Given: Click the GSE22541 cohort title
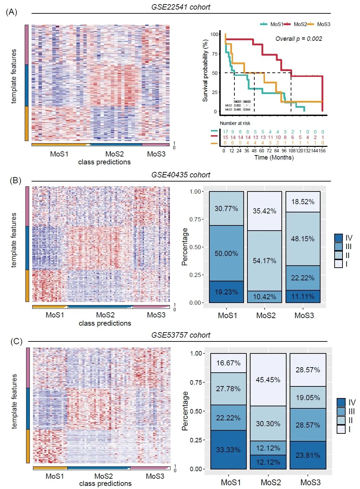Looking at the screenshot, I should pyautogui.click(x=181, y=7).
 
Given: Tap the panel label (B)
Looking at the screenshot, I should pyautogui.click(x=15, y=180).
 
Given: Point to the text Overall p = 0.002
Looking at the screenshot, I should pyautogui.click(x=299, y=39).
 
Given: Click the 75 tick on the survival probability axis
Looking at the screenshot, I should pyautogui.click(x=214, y=54).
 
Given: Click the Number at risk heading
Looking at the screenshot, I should pyautogui.click(x=235, y=123).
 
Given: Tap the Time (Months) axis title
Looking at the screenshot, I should pyautogui.click(x=274, y=158).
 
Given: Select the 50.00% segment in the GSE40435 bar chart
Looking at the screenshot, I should pyautogui.click(x=226, y=253).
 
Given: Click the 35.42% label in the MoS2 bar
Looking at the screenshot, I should pyautogui.click(x=264, y=211).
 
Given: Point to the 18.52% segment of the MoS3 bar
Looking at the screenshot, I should pyautogui.click(x=303, y=202).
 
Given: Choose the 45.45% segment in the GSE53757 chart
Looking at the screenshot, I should pyautogui.click(x=268, y=380).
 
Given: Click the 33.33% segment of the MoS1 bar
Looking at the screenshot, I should pyautogui.click(x=228, y=450).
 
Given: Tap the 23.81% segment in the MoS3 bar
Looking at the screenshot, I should pyautogui.click(x=308, y=455).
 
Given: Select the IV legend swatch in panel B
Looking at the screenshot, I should pyautogui.click(x=338, y=238).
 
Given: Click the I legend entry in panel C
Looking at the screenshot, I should pyautogui.click(x=341, y=429).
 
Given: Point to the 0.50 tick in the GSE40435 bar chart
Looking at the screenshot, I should pyautogui.click(x=196, y=247).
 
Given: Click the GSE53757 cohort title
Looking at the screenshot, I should pyautogui.click(x=181, y=335).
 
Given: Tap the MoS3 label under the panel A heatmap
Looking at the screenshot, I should pyautogui.click(x=156, y=154).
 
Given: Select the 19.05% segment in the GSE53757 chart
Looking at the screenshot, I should pyautogui.click(x=308, y=397).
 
